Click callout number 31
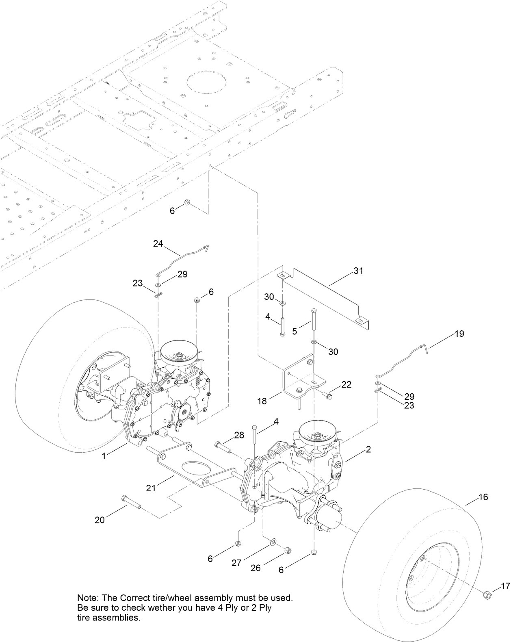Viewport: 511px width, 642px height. [358, 271]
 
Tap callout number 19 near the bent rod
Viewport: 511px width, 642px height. [459, 334]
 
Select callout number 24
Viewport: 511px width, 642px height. [158, 243]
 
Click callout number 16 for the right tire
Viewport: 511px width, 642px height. [483, 497]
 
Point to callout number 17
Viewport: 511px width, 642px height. [505, 586]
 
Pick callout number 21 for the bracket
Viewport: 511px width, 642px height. [151, 488]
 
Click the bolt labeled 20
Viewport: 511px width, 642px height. [130, 502]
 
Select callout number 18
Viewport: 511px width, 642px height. [262, 401]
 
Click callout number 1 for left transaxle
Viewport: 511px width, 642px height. [104, 456]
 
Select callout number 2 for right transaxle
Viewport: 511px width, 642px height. [368, 449]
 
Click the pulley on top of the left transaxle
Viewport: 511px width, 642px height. [178, 352]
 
